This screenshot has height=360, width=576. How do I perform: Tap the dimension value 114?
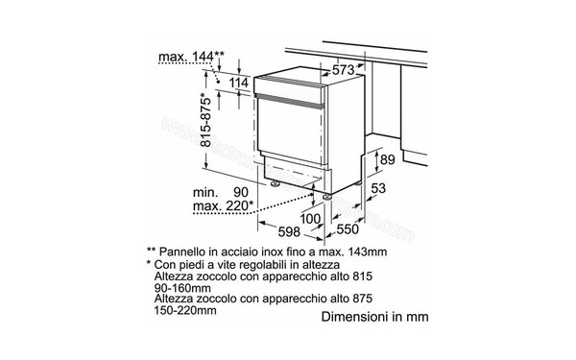click(240, 86)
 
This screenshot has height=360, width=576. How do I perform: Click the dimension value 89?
click(386, 159)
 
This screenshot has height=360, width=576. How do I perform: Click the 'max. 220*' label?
click(222, 205)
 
